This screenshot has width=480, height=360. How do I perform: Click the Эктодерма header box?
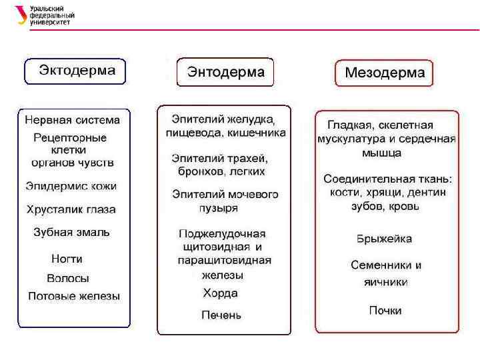tap(75, 70)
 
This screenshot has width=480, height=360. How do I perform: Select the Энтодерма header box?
tap(225, 71)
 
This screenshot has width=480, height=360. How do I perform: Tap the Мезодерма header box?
tap(384, 73)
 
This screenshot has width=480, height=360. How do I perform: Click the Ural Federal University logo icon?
tap(22, 15)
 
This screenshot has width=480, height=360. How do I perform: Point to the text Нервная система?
tap(73, 121)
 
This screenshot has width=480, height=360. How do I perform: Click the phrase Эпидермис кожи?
tap(71, 186)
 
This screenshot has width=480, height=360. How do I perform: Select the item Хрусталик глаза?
tap(71, 209)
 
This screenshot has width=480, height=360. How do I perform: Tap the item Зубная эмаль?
tap(71, 233)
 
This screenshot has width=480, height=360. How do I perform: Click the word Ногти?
tap(67, 259)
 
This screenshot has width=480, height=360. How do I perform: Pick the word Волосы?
tap(68, 279)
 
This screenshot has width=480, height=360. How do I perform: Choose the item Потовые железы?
tap(74, 296)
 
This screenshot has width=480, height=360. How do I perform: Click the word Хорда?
tap(221, 293)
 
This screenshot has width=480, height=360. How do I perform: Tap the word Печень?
tap(221, 315)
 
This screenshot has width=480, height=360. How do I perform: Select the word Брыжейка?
tap(384, 239)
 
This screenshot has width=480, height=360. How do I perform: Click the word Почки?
tap(385, 311)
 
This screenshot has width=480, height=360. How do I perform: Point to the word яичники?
tap(385, 282)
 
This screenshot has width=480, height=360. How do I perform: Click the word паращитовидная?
tap(225, 260)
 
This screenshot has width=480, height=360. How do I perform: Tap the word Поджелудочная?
tap(222, 234)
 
